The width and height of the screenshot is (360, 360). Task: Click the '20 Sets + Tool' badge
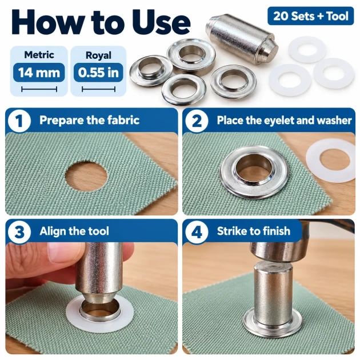[311, 16]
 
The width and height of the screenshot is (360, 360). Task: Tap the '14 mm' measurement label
[39, 73]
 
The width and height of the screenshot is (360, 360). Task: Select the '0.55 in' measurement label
[98, 73]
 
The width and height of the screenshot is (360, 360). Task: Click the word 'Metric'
[39, 55]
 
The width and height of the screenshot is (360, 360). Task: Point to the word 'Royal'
[98, 55]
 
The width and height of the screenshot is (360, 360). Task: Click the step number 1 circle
[19, 121]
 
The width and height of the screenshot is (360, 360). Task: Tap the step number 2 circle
[197, 121]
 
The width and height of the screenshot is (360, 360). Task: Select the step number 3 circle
[19, 231]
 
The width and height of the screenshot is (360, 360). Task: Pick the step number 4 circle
[197, 231]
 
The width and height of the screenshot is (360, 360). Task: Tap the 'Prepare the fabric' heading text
[89, 120]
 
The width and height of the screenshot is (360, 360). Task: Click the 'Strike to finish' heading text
[254, 231]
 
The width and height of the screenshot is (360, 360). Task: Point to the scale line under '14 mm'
[39, 89]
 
